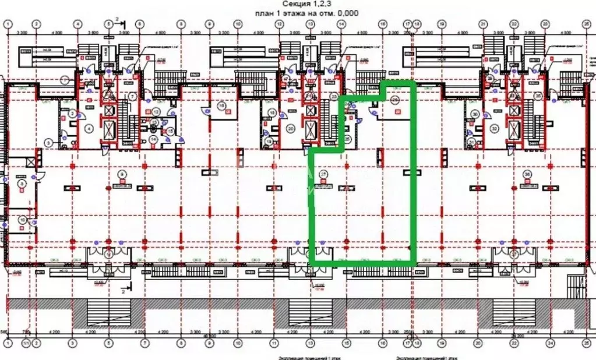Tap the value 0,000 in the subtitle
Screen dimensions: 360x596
(347, 12)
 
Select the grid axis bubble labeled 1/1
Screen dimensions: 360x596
(24, 344)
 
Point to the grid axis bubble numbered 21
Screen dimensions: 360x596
(483, 24)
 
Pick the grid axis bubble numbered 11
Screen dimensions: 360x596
(271, 344)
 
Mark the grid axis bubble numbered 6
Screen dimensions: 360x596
(140, 24)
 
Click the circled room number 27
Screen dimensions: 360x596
(322, 173)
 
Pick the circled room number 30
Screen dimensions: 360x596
(475, 114)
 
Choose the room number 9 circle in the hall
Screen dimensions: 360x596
(122, 173)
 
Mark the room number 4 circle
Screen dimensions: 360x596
(90, 128)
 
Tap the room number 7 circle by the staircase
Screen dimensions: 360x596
(132, 96)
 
